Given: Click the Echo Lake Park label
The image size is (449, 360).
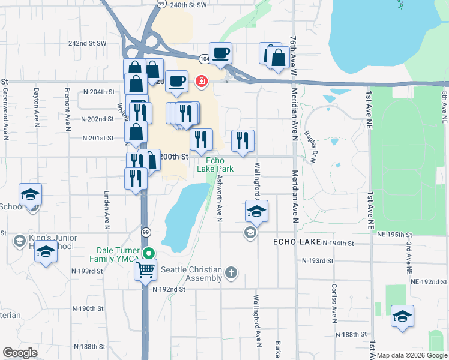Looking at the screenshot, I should point(215,165).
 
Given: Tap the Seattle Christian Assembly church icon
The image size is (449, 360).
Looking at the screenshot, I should point(231,274).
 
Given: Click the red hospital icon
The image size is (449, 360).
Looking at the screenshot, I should point(201,80).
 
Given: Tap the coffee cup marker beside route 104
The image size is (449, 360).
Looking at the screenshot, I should point(220,53).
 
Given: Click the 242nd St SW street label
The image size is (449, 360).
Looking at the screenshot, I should point(87,43).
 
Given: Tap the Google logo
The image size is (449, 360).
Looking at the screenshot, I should point(20,352).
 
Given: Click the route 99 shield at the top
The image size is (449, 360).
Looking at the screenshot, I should point(161,3).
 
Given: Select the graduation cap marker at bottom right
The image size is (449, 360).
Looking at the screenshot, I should point(402,317).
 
